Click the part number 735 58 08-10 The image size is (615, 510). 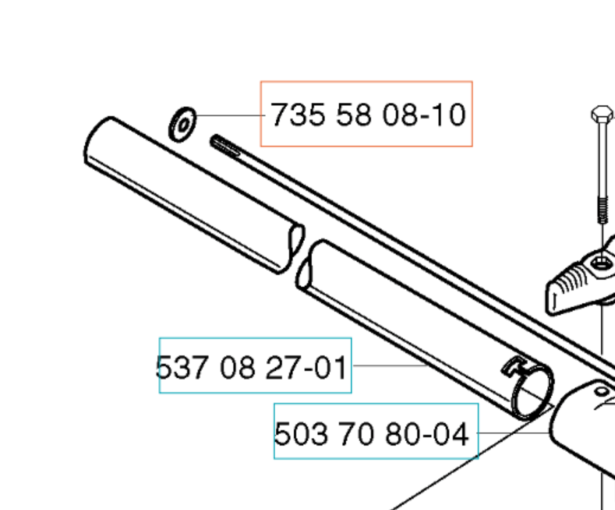click(x=368, y=115)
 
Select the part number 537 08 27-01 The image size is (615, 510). click(x=251, y=367)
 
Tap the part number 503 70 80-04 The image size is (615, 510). click(x=371, y=433)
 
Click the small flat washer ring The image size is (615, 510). click(x=182, y=125)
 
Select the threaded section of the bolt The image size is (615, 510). click(x=603, y=210)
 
